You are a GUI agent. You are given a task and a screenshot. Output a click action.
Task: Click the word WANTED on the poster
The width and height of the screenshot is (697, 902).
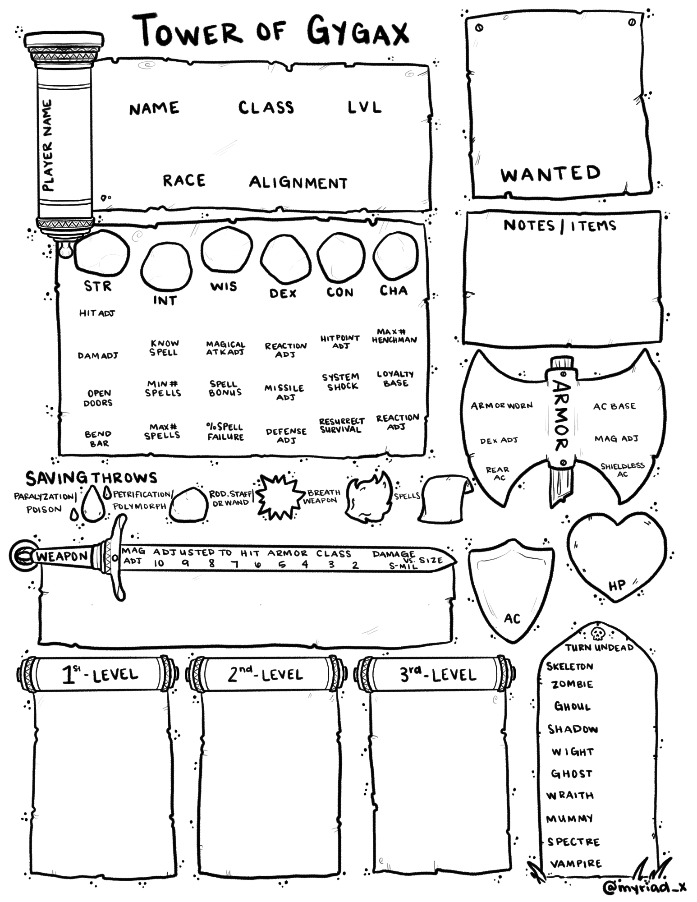click(x=550, y=174)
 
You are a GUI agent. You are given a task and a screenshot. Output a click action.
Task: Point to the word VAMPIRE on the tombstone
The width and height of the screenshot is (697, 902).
click(x=576, y=864)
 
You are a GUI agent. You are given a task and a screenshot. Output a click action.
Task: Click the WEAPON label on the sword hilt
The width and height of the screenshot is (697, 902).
click(x=62, y=556)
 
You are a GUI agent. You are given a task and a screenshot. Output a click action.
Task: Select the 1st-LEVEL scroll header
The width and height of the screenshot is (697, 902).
click(x=100, y=675)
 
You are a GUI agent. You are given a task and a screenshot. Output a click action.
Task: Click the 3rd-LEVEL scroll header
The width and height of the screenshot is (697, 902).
click(x=438, y=675)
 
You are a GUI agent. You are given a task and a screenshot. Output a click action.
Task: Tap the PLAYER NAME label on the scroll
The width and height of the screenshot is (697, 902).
click(x=47, y=145)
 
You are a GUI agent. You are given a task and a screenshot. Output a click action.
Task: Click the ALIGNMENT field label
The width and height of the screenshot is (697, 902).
click(x=298, y=183)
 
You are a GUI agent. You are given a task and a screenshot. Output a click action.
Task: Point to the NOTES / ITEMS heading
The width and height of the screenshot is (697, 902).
click(x=559, y=225)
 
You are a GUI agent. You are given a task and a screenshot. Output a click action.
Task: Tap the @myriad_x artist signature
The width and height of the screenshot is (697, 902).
click(x=644, y=887)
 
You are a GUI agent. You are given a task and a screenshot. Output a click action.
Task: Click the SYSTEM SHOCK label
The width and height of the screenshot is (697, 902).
click(x=340, y=382)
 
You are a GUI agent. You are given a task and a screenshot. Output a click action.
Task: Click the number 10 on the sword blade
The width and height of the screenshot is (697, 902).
click(x=159, y=563)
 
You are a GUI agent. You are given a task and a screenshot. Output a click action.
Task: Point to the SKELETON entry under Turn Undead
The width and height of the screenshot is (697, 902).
click(x=569, y=666)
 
